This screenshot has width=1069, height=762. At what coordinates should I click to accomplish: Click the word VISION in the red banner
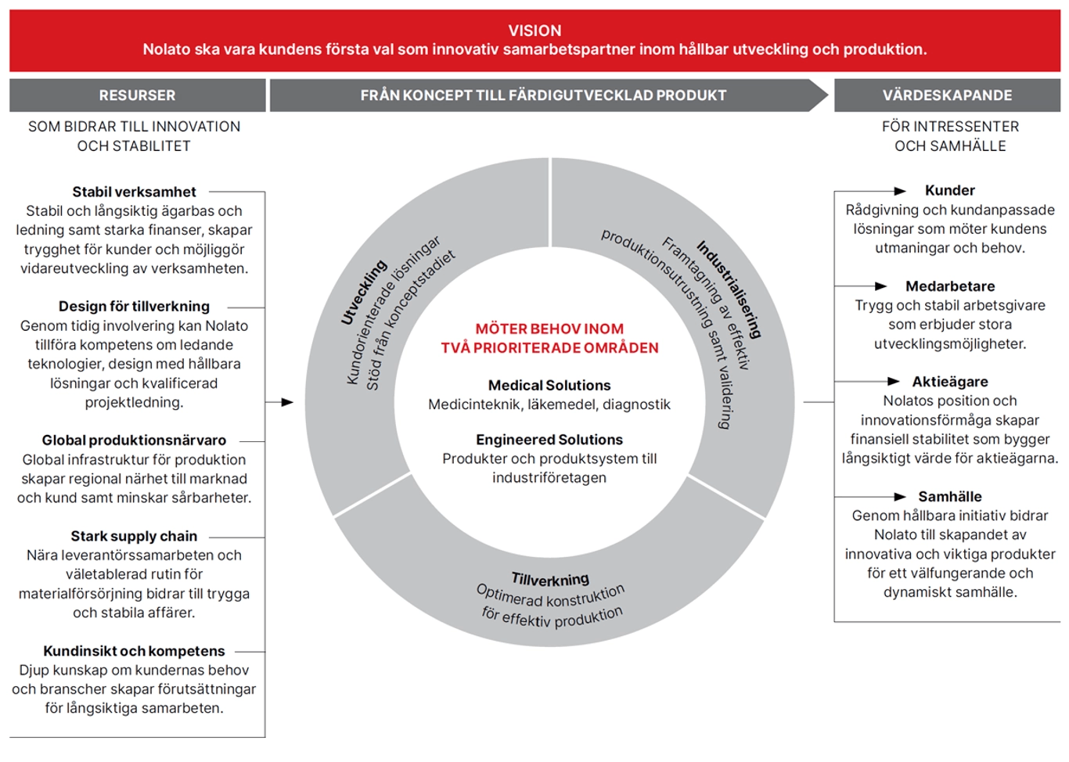tap(534, 31)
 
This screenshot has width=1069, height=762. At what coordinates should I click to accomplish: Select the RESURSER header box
tap(138, 95)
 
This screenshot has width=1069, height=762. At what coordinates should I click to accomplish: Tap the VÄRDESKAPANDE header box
tap(947, 95)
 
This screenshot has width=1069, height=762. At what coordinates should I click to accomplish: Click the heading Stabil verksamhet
tap(134, 192)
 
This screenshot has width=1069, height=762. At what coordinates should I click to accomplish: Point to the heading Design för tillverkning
tap(134, 307)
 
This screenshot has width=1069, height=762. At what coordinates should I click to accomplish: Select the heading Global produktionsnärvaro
tap(134, 440)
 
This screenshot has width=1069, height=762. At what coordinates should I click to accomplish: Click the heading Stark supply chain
tap(134, 536)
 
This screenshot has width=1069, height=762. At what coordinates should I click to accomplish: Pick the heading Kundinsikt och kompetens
tap(134, 651)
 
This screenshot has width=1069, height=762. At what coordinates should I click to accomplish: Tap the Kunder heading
tap(950, 190)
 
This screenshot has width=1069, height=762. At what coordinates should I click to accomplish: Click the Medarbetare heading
tap(950, 286)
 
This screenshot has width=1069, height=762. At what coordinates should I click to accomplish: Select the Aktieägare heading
tap(950, 382)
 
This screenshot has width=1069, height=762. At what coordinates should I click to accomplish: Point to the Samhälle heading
tap(950, 497)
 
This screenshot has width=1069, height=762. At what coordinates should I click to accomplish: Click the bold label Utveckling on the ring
tap(364, 293)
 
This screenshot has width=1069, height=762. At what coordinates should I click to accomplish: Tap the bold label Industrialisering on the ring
tap(729, 289)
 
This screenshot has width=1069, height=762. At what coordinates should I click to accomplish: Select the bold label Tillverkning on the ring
tap(550, 579)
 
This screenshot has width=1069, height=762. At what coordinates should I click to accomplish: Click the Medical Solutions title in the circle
tap(549, 385)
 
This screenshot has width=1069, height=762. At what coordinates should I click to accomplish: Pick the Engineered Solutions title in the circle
tap(549, 440)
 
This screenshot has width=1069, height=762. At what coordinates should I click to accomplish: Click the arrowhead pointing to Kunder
tap(900, 192)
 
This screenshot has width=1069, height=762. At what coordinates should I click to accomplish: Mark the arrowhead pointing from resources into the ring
tap(287, 402)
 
